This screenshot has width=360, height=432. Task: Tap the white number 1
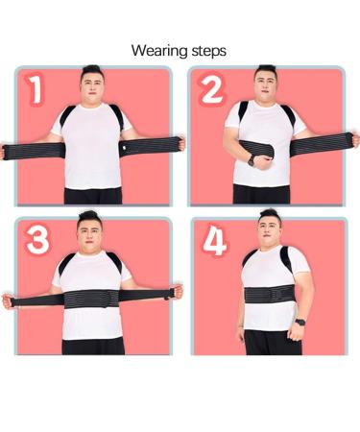coord(36,89)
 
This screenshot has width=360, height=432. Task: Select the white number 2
coord(211,89)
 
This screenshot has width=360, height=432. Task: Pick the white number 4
coord(214,241)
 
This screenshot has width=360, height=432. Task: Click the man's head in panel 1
coord(92,80)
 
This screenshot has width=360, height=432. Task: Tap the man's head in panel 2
coord(266,80)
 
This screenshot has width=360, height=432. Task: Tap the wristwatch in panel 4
coord(300,322)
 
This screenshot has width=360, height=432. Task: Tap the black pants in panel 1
coord(93,195)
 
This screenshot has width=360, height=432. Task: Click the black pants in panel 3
coord(92,345)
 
